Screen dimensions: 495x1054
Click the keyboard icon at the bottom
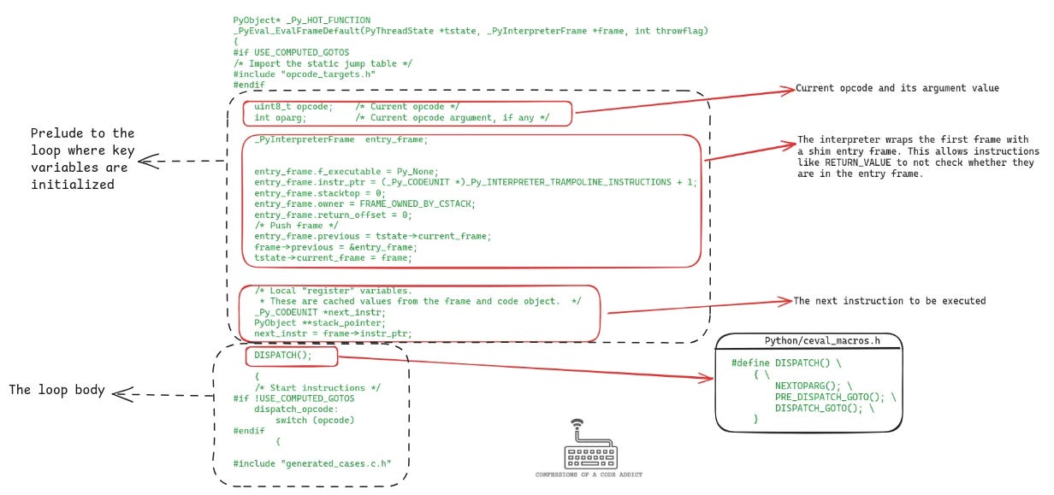[x=590, y=448]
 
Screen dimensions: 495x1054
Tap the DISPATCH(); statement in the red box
[x=283, y=355]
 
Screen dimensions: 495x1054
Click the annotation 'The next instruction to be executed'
[x=889, y=301]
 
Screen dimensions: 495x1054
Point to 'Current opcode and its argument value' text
[x=897, y=88]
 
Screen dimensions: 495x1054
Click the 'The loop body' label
[x=56, y=390]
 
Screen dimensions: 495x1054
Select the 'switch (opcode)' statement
[x=314, y=420]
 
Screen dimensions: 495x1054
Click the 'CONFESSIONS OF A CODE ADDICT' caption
[x=590, y=474]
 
